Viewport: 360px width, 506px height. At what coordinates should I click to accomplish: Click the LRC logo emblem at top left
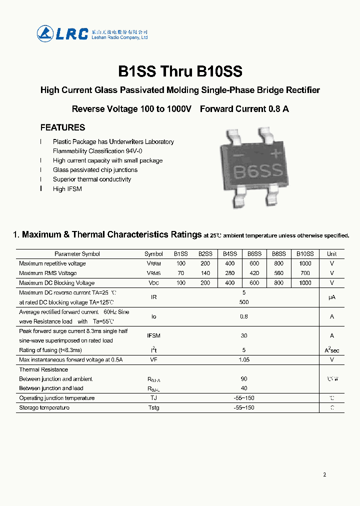pos(45,33)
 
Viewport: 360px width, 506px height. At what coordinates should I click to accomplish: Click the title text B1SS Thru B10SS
pos(180,71)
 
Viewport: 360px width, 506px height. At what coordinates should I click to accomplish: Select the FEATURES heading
pos(62,127)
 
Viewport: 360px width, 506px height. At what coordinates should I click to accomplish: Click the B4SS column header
pos(229,254)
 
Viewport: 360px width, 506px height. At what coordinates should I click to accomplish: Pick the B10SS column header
pos(305,254)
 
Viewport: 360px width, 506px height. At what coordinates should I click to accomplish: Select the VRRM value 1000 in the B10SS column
pos(305,263)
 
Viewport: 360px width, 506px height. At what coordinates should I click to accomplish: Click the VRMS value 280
pos(229,273)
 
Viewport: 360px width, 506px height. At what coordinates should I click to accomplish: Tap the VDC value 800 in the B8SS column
pos(279,283)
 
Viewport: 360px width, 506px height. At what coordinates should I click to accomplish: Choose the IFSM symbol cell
pos(153,335)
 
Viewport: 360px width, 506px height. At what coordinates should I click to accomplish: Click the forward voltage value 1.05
pos(244,359)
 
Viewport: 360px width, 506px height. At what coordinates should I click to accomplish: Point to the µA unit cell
pos(331,297)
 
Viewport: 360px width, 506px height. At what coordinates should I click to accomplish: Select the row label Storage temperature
pos(44,408)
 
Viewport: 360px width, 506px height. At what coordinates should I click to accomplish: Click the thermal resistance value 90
pos(244,379)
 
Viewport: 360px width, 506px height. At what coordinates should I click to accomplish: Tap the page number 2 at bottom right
pos(324,474)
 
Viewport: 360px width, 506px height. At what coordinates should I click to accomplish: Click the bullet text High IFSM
pos(67,189)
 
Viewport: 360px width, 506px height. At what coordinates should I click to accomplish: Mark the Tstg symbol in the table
pos(153,408)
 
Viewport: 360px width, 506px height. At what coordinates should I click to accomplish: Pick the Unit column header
pos(331,254)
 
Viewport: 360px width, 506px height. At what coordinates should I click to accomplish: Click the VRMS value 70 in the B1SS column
pos(180,273)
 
